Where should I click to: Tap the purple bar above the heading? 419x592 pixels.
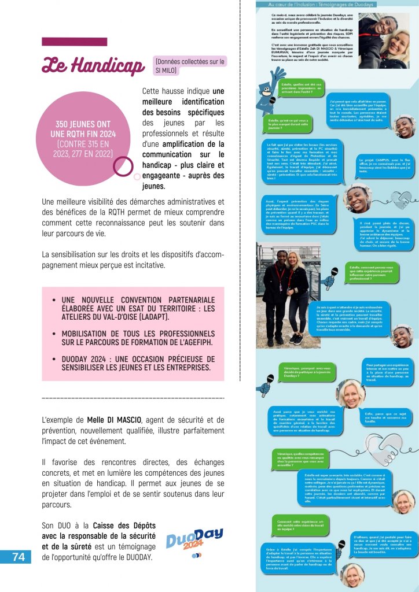point(74,42)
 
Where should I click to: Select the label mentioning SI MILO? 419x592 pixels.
point(190,65)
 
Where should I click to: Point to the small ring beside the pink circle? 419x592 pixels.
point(123,166)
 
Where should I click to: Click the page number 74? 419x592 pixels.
point(19,556)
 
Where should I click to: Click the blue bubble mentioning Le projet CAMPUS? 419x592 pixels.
point(382,165)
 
